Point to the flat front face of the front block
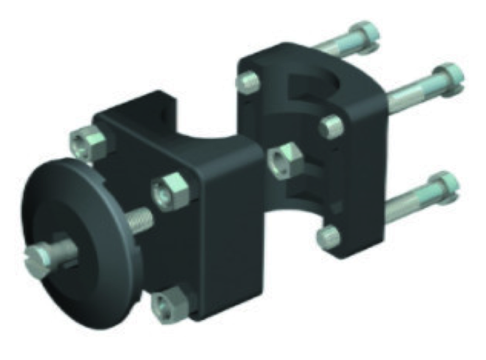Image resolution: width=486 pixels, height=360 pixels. click(231, 243)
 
